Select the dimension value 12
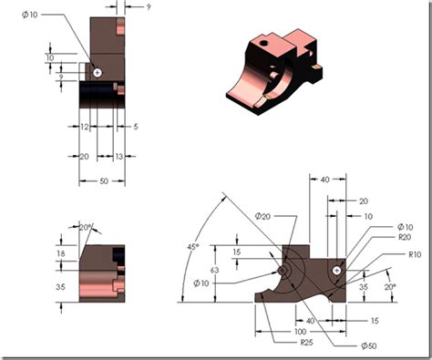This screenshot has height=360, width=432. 84,126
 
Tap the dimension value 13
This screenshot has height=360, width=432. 120,157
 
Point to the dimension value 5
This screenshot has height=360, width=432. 134,126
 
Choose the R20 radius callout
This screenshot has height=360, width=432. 405,237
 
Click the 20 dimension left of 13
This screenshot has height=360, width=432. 84,157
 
